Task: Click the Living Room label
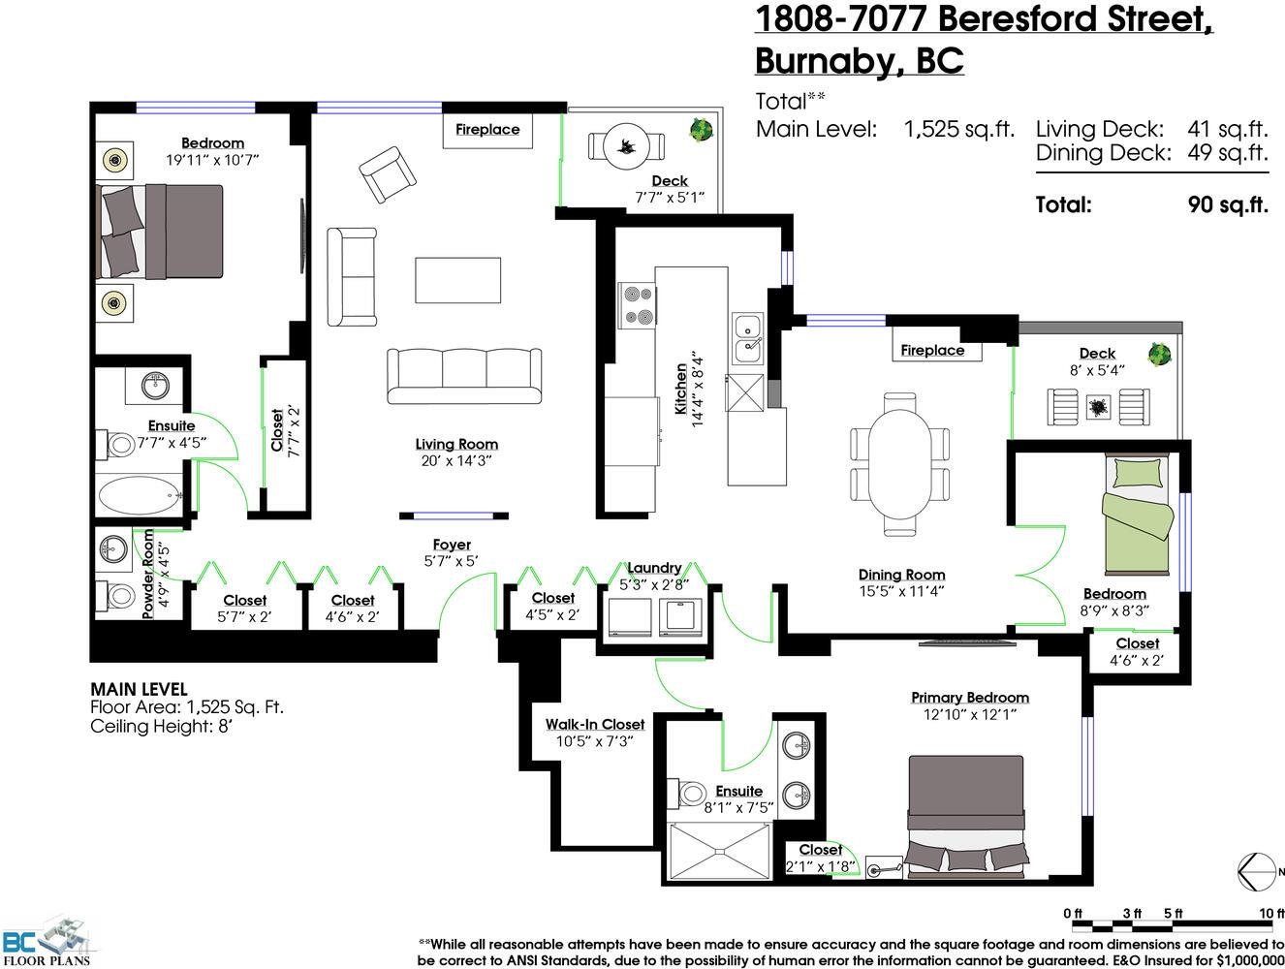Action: [456, 444]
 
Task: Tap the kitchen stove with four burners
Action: [637, 305]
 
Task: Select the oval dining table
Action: [900, 463]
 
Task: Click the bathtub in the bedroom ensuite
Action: [141, 495]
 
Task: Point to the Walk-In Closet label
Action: [595, 725]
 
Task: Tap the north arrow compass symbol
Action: [1257, 871]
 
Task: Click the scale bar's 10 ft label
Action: [1271, 914]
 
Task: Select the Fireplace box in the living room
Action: [487, 131]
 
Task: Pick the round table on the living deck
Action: [626, 146]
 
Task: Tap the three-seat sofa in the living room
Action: [464, 376]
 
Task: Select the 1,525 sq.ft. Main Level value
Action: [958, 129]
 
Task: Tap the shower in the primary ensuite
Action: [719, 852]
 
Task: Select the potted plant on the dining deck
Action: [1159, 354]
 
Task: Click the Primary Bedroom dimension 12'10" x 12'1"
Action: [970, 714]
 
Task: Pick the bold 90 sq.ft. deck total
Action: [1228, 205]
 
